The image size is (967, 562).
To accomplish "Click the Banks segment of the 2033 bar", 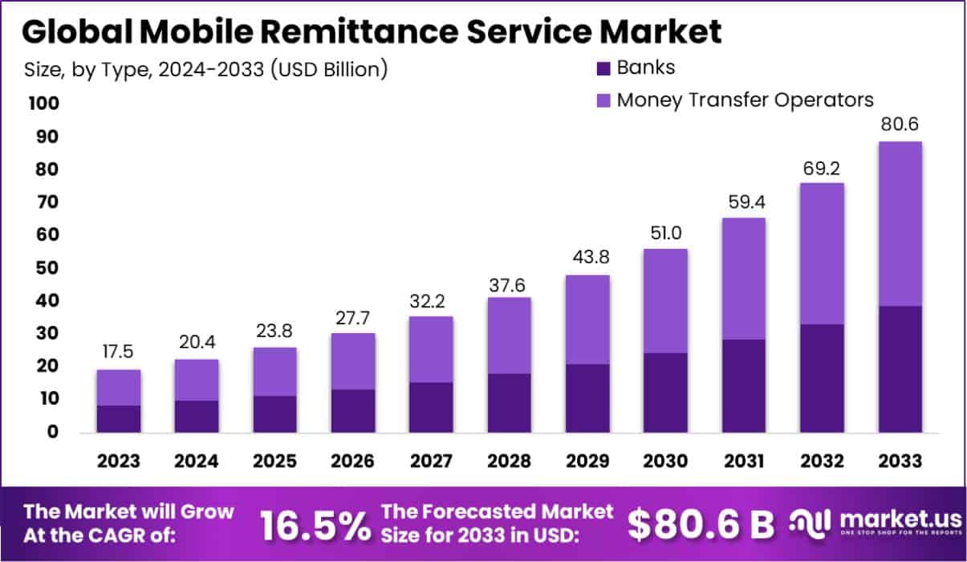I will (899, 369).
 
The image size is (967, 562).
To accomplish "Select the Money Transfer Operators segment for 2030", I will (665, 301).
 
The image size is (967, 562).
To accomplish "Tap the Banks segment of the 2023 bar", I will (119, 419).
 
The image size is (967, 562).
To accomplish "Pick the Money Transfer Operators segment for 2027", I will (431, 349).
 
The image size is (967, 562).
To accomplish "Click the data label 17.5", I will (119, 353).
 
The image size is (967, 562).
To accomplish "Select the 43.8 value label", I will (587, 259).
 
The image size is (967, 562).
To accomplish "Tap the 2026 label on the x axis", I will (353, 462).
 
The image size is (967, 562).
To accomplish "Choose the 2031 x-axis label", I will (744, 462).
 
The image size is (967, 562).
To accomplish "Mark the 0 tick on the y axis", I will (52, 432).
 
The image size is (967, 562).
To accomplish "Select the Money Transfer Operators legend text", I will (744, 100).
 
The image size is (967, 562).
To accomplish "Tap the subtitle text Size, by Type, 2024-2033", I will (205, 69).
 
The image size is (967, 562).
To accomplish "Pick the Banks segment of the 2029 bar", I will (587, 398).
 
